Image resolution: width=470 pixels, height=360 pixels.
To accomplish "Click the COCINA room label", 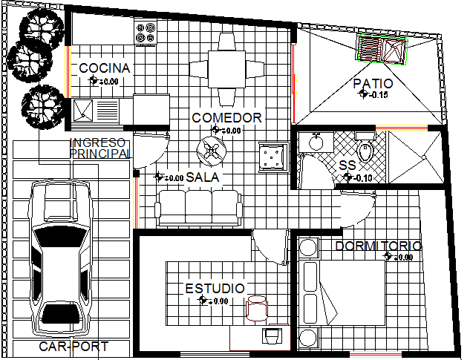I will click(x=105, y=68).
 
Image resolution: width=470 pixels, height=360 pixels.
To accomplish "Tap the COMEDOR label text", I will click(x=226, y=117).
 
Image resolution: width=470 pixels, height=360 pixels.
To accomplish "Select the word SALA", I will click(x=202, y=177).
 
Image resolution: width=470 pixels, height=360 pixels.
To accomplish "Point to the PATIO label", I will click(x=373, y=84).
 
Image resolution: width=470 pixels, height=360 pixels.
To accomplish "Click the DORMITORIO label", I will click(x=378, y=246).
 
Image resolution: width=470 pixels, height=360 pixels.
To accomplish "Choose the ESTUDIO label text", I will click(x=215, y=288).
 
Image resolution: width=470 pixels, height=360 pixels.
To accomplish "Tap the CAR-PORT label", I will click(x=74, y=347).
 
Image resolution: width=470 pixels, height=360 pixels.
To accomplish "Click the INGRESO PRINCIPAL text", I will click(x=99, y=148).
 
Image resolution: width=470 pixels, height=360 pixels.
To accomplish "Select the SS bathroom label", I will click(x=347, y=166).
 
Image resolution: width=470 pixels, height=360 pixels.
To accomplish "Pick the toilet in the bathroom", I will click(x=366, y=151).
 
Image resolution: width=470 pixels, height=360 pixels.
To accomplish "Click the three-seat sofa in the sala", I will click(x=199, y=206).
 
